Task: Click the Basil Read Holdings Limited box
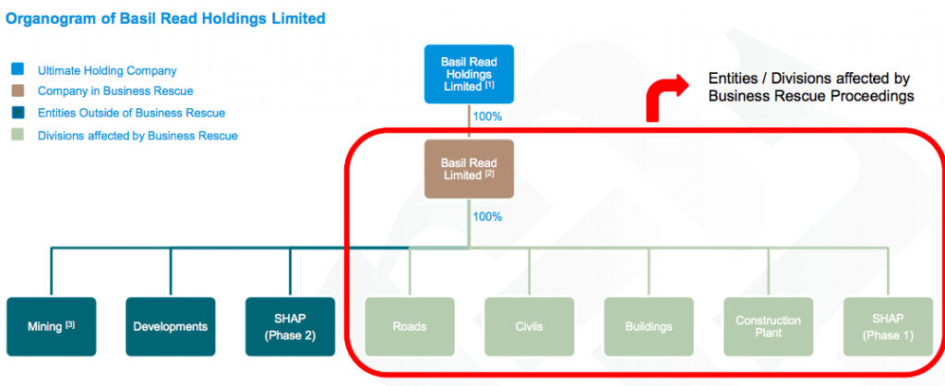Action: pyautogui.click(x=469, y=73)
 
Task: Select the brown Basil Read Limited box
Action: pyautogui.click(x=469, y=169)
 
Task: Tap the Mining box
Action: pyautogui.click(x=51, y=326)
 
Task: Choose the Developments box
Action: pyautogui.click(x=170, y=326)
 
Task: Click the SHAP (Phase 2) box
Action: pyautogui.click(x=290, y=326)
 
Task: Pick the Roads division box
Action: pyautogui.click(x=409, y=326)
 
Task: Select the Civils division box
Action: pyautogui.click(x=529, y=326)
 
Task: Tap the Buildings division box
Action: pyautogui.click(x=648, y=326)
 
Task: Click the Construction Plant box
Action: pyautogui.click(x=768, y=326)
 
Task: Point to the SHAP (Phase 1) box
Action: pyautogui.click(x=887, y=326)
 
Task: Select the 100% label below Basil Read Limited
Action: pyautogui.click(x=487, y=217)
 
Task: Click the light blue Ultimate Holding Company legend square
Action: pyautogui.click(x=18, y=69)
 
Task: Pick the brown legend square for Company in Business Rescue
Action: pyautogui.click(x=18, y=91)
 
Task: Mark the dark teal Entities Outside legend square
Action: pyautogui.click(x=18, y=114)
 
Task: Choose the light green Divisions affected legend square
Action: pyautogui.click(x=18, y=136)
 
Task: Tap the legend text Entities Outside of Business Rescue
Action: pyautogui.click(x=131, y=114)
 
